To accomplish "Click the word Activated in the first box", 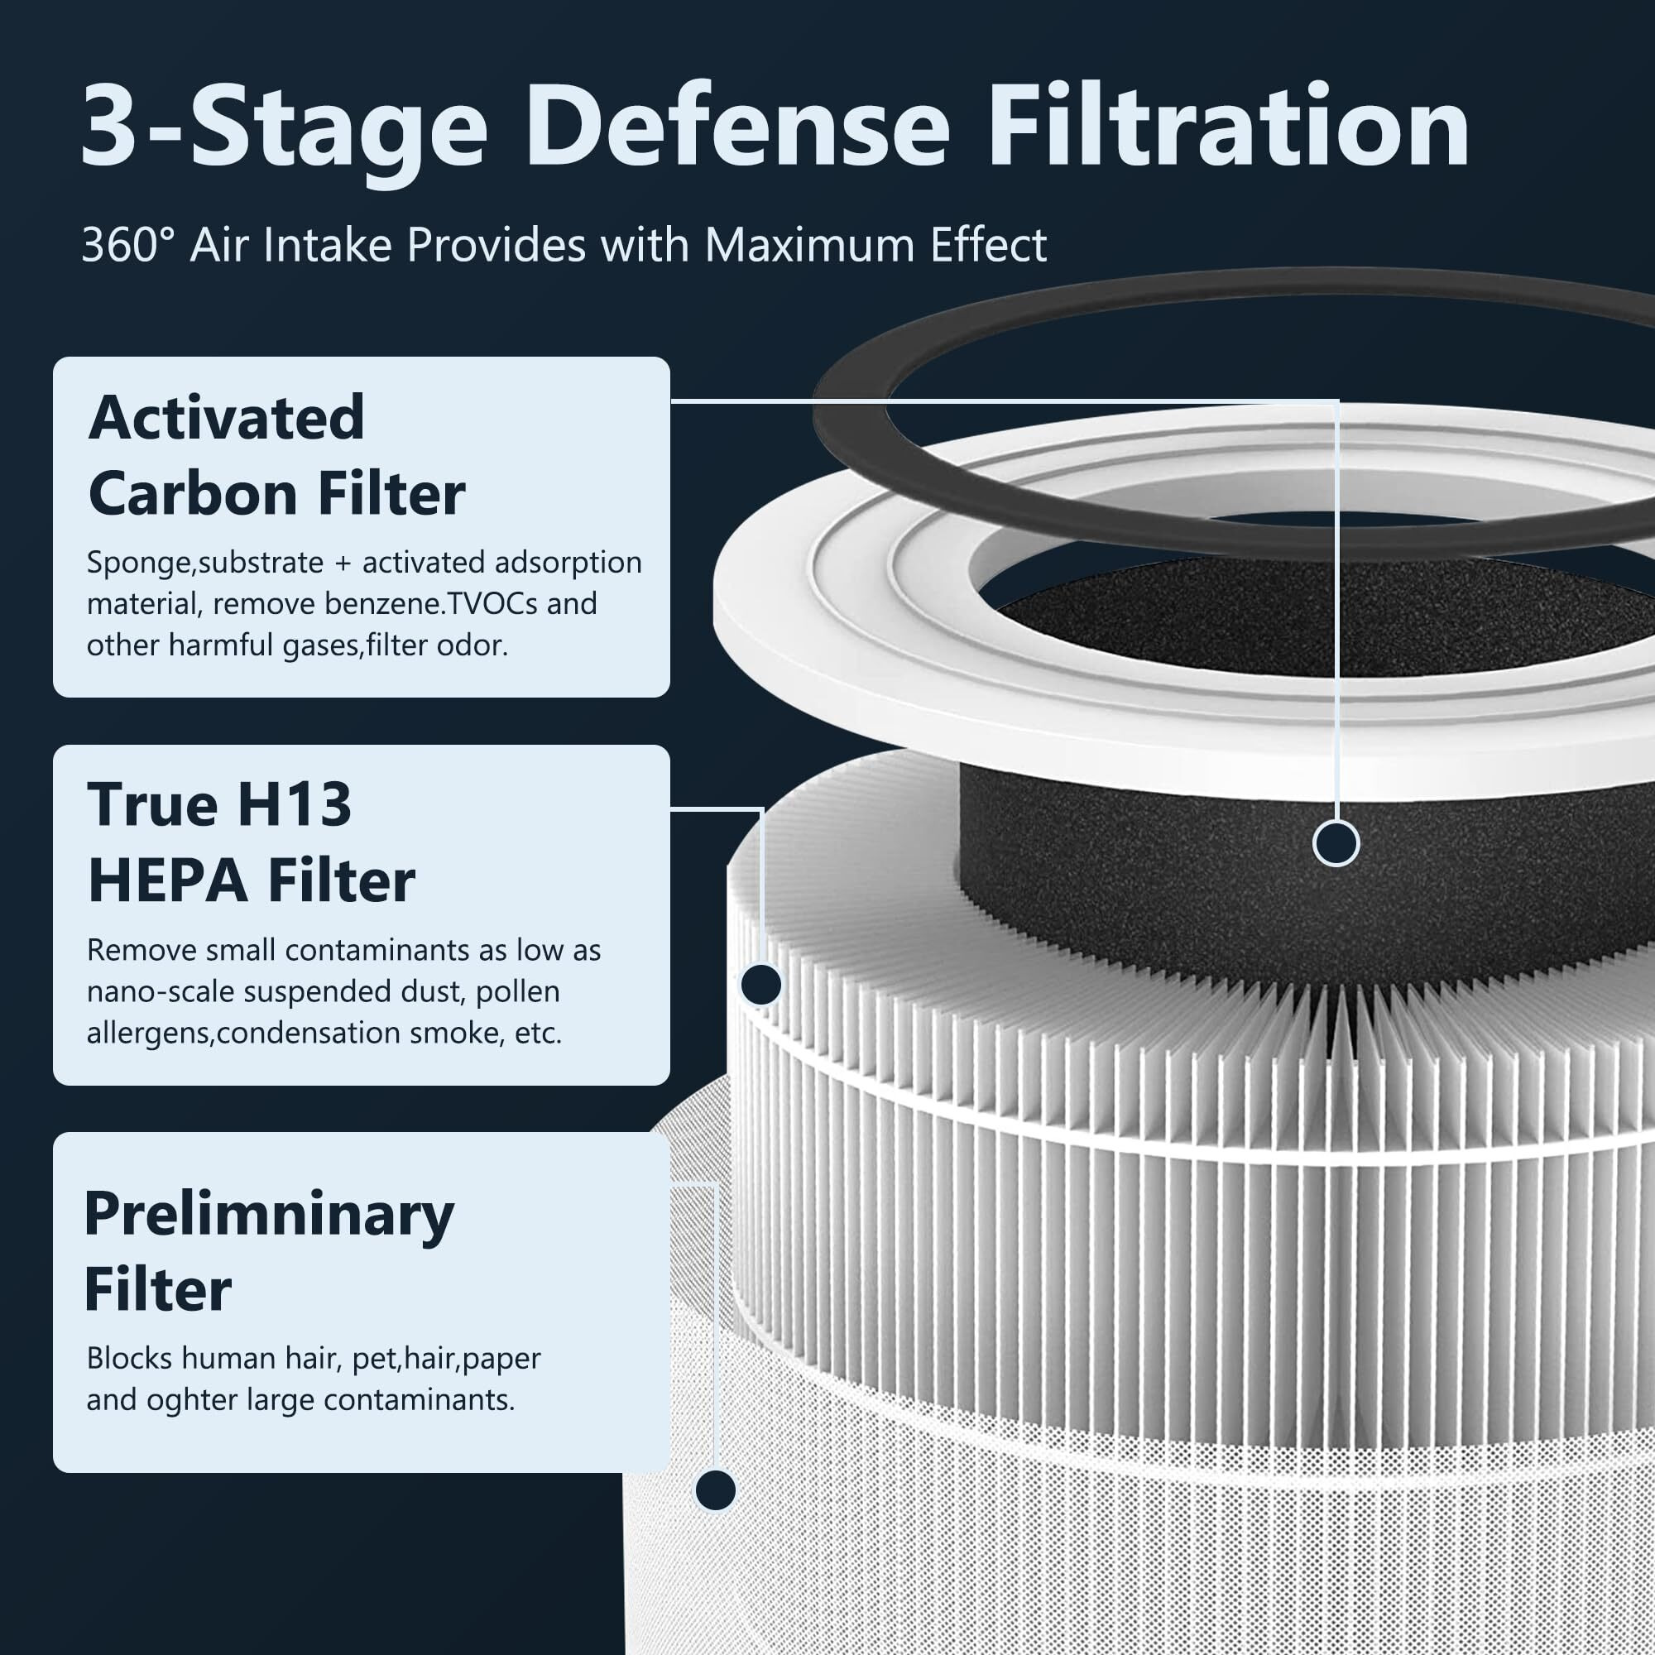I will pyautogui.click(x=226, y=418).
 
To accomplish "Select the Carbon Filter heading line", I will pyautogui.click(x=276, y=494).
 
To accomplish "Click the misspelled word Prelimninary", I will pyautogui.click(x=268, y=1214).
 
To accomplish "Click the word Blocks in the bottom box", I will pyautogui.click(x=129, y=1359).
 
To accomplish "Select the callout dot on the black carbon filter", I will pyautogui.click(x=1336, y=844).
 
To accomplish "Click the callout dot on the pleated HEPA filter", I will pyautogui.click(x=760, y=985).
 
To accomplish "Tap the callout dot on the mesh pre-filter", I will pyautogui.click(x=715, y=1490).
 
